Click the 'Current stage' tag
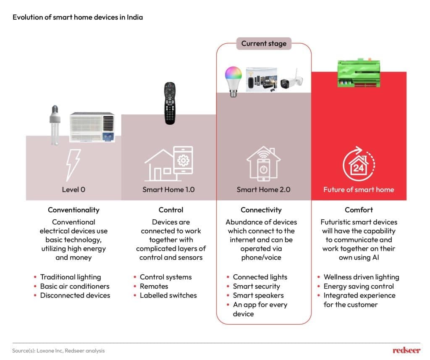point(264,43)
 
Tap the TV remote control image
point(169,103)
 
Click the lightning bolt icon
point(73,165)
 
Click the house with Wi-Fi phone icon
point(263,164)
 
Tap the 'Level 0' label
point(73,189)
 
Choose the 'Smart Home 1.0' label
point(168,189)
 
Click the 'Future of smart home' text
point(359,189)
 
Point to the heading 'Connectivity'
point(261,210)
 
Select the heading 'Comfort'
point(359,210)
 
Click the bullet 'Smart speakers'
point(258,295)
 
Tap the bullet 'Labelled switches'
point(168,295)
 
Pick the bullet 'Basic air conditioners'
point(75,286)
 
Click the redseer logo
point(406,350)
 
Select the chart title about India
point(78,17)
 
